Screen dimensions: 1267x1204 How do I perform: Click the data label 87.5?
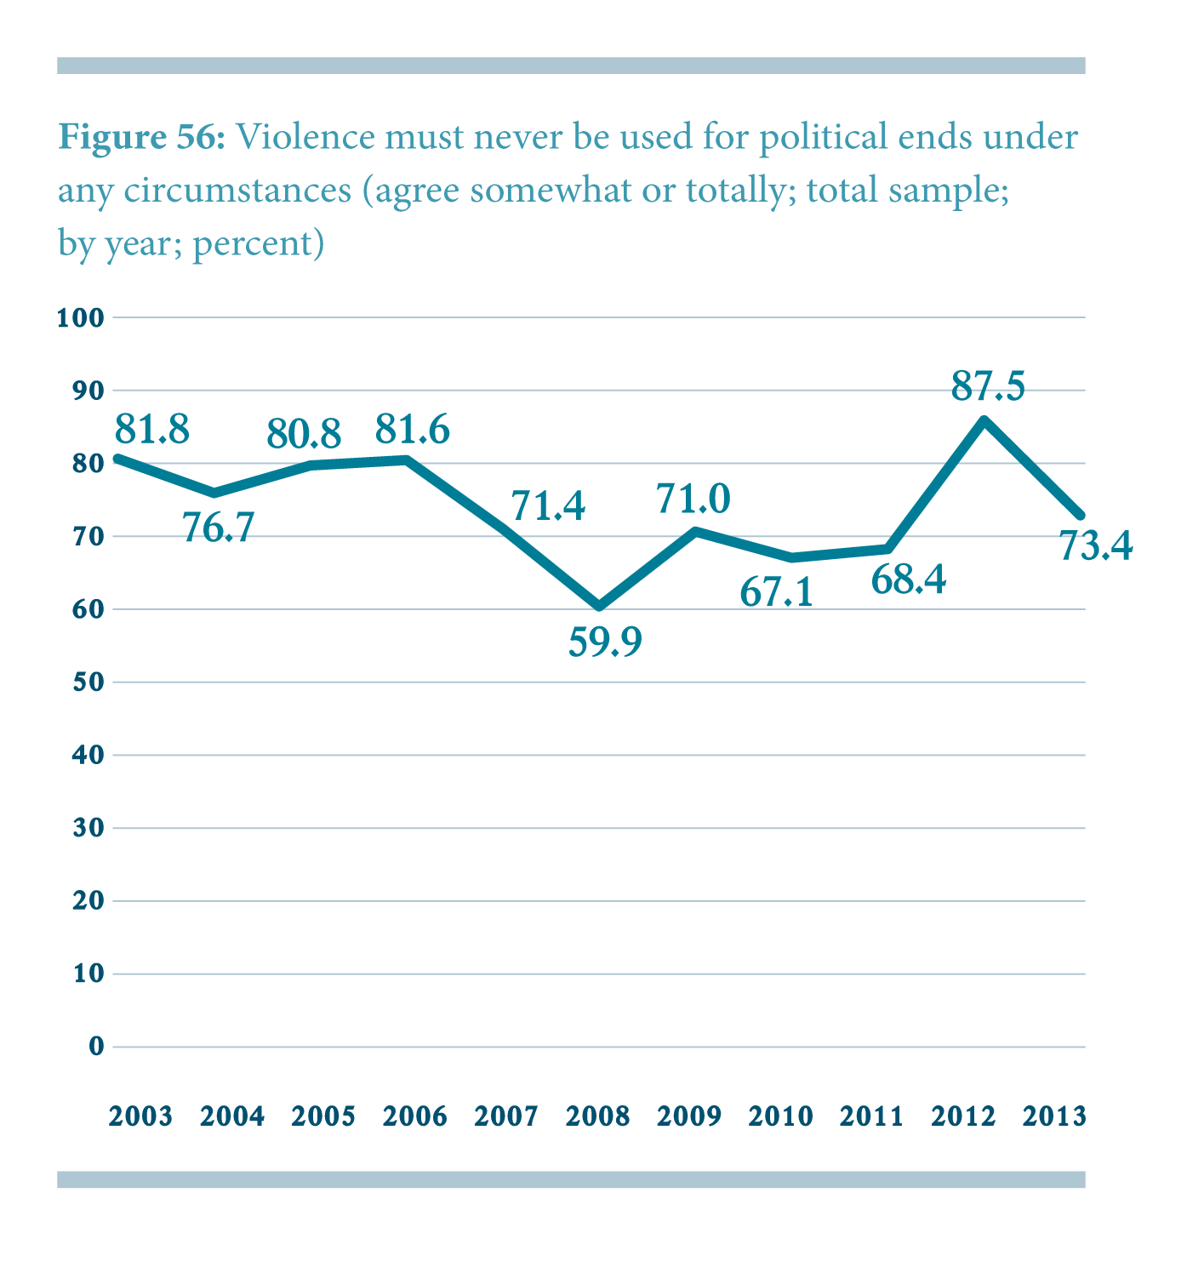(x=988, y=387)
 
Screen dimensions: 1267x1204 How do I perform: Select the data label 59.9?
(x=605, y=642)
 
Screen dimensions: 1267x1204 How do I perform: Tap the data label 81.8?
(x=151, y=430)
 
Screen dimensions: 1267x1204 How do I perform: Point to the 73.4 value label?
(x=1096, y=545)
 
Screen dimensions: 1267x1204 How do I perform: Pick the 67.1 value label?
(x=776, y=592)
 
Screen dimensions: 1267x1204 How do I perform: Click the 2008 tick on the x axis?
(x=598, y=1116)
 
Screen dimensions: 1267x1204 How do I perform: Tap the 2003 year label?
(x=140, y=1116)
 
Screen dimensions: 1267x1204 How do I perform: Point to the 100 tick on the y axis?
(x=80, y=318)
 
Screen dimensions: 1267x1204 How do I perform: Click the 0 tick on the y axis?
(x=96, y=1046)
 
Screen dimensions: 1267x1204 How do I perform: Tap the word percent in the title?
(x=254, y=244)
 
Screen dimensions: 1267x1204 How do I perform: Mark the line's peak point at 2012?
(x=984, y=420)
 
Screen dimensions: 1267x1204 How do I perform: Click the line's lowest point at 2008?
(x=599, y=607)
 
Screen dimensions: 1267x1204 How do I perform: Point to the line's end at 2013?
(x=1081, y=516)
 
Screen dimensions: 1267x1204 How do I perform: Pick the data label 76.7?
(x=219, y=528)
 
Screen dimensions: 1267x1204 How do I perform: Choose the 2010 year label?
(x=780, y=1116)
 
